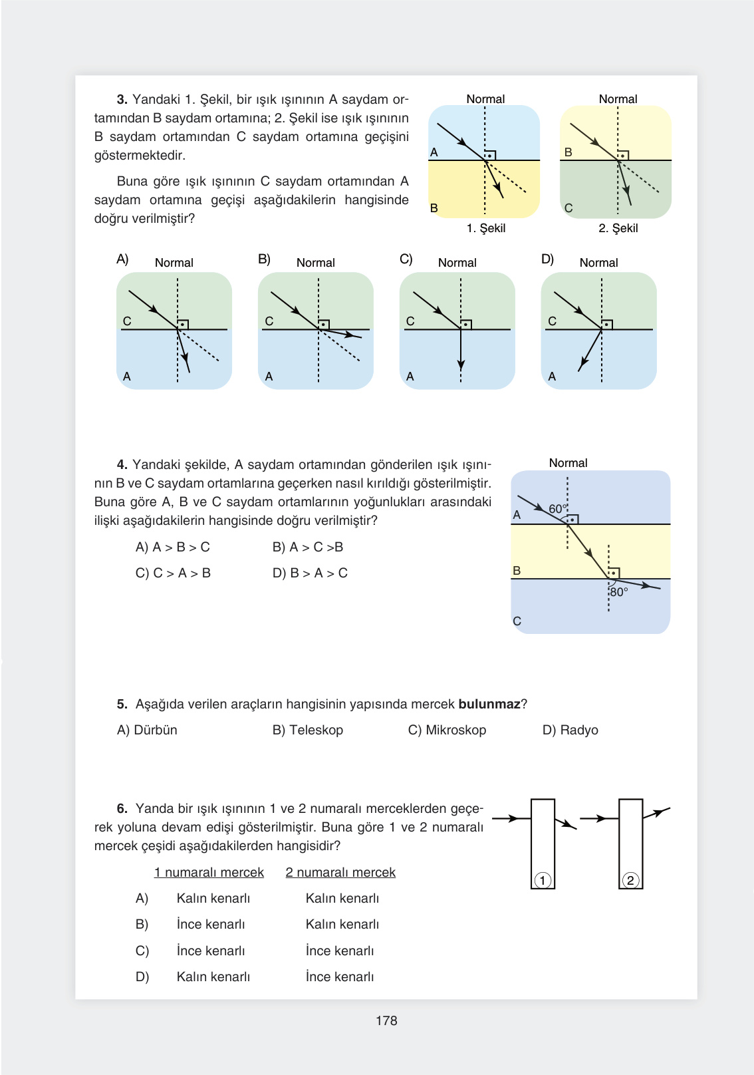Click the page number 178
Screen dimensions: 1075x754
[x=386, y=1020]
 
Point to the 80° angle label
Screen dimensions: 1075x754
[x=619, y=592]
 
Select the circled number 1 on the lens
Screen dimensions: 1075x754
[x=543, y=880]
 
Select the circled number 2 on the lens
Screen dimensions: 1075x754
[x=630, y=880]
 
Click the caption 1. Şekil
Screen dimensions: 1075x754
[x=486, y=228]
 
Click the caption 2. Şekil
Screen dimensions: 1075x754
[x=618, y=228]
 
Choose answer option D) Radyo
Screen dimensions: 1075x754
[x=570, y=730]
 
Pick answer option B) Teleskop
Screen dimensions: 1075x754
[x=307, y=730]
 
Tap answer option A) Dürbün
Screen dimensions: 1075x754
[x=147, y=730]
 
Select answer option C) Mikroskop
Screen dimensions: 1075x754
[x=447, y=730]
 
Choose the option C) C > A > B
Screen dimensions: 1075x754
[x=173, y=573]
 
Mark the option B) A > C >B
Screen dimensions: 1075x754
[x=308, y=547]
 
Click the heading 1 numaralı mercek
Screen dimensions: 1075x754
[x=209, y=872]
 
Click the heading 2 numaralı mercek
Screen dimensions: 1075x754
[x=340, y=872]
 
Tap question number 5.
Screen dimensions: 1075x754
[x=122, y=704]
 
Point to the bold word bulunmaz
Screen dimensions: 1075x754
[x=489, y=704]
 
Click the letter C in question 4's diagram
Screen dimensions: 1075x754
[x=517, y=621]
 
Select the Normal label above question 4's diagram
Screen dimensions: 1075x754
[x=568, y=463]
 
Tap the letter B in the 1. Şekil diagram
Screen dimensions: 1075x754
[x=434, y=208]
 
